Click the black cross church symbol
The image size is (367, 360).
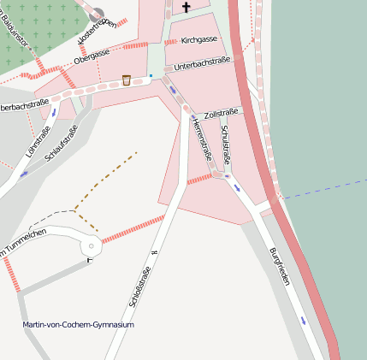pos(186,8)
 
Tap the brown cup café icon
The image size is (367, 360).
pos(127,80)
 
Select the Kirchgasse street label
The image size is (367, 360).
pos(198,39)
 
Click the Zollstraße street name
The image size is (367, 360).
pos(222,113)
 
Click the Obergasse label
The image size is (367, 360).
pos(92,57)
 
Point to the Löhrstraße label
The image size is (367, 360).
pos(39,141)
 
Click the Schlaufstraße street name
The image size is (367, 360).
pos(62,143)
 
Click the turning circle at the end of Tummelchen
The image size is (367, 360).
pos(91,246)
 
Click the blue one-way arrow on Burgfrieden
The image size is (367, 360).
pos(305,321)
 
